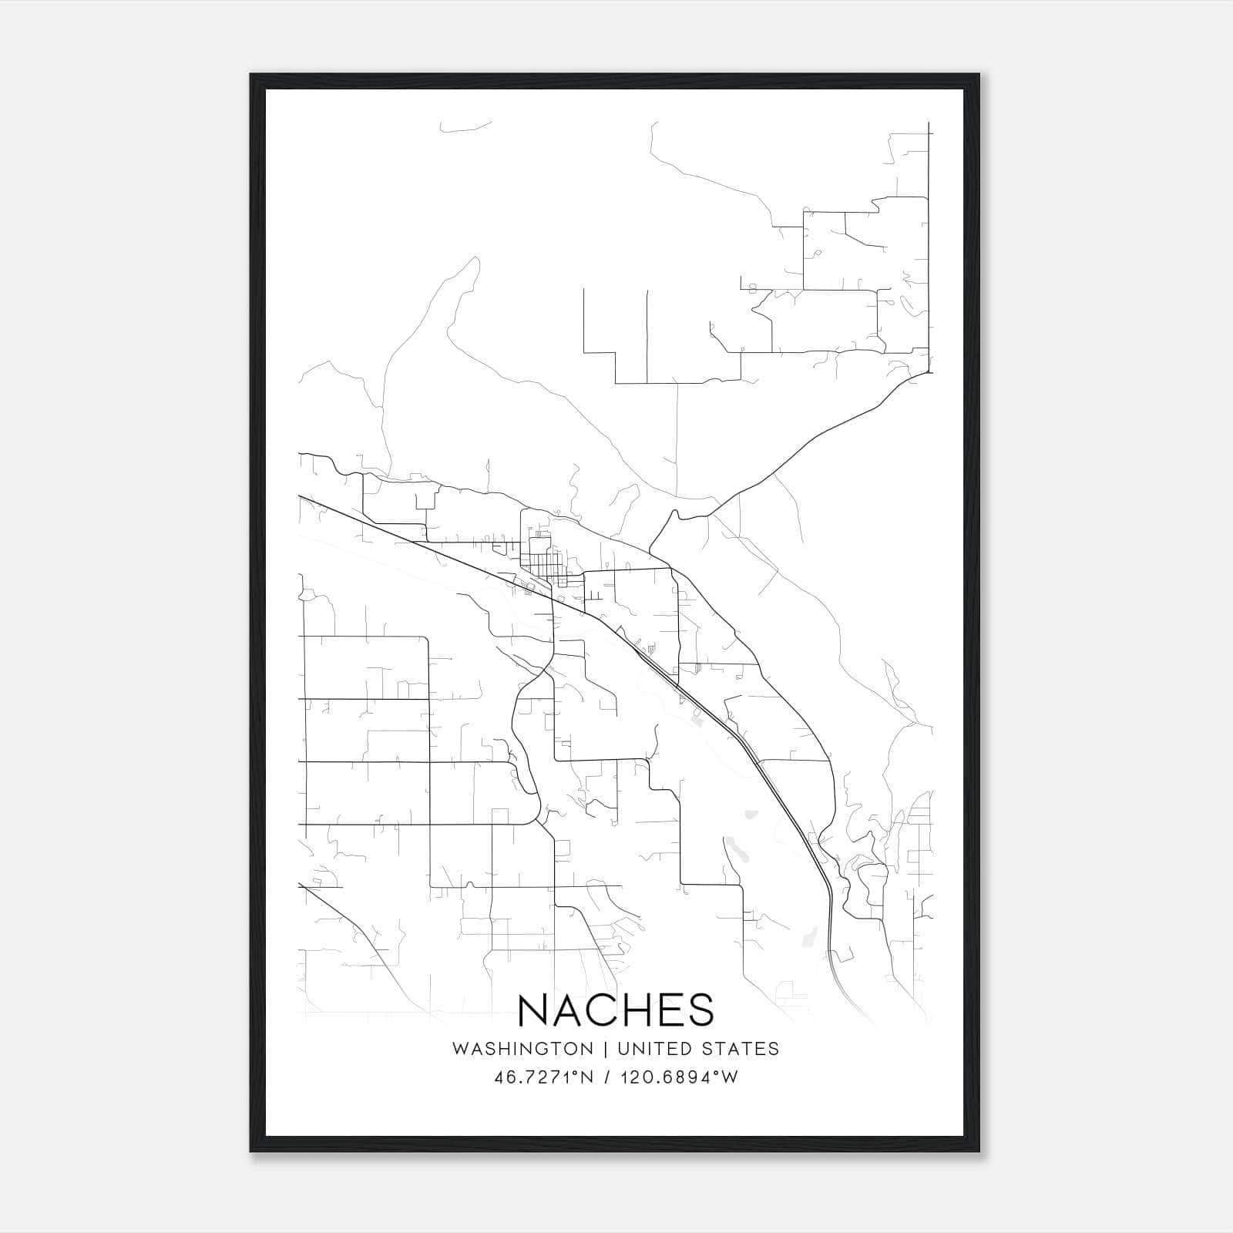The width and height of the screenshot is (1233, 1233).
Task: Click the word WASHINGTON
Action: pyautogui.click(x=522, y=1049)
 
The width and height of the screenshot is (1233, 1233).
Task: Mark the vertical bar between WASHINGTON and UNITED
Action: pyautogui.click(x=606, y=1049)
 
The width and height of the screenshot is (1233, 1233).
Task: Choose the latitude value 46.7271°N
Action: pyautogui.click(x=543, y=1077)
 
